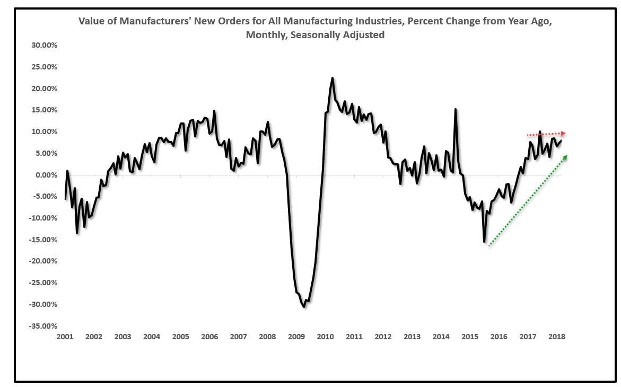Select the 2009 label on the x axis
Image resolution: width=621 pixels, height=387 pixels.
[296, 337]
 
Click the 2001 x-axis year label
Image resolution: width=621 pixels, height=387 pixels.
[65, 337]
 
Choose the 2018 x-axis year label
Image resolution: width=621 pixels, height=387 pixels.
[557, 337]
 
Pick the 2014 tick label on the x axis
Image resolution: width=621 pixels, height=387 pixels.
[441, 337]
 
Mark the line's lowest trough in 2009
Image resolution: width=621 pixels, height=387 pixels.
[304, 306]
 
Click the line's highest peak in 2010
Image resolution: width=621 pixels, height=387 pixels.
[333, 78]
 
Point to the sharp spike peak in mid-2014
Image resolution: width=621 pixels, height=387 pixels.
[456, 109]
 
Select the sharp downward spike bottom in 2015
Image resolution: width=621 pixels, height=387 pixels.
[484, 242]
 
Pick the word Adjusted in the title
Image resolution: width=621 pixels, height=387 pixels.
[364, 36]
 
